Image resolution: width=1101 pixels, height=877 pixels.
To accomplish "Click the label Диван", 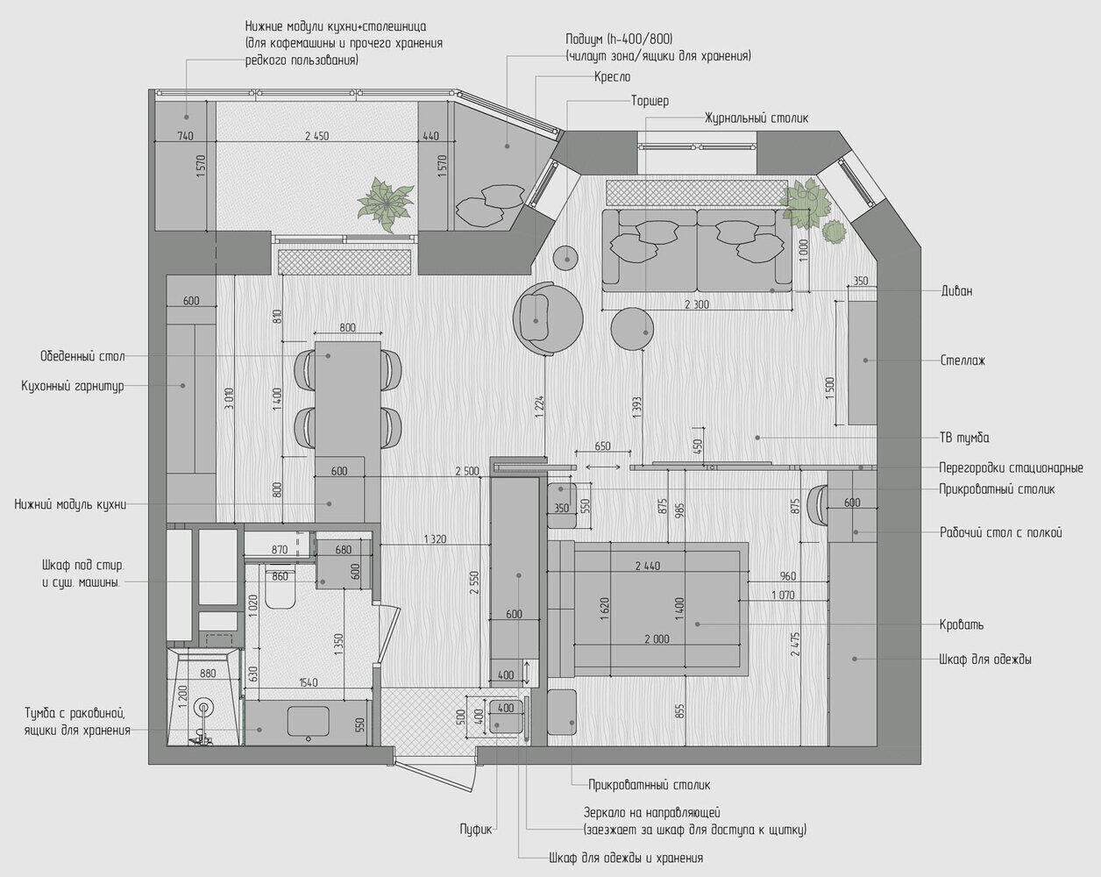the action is pos(956,291).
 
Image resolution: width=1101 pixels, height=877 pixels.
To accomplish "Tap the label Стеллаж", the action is pos(962,360).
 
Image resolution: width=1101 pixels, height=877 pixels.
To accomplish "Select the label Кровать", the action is pos(962,624).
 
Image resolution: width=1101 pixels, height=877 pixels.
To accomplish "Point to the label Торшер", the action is pos(650,101).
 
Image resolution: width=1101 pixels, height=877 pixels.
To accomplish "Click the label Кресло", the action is pos(613,77).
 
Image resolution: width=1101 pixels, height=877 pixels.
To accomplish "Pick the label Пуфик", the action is pos(476,830).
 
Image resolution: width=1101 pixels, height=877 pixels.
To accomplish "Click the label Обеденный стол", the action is pos(82,356).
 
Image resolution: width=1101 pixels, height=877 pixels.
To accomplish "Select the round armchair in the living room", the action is pos(548,318).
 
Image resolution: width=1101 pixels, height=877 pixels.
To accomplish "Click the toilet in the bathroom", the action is pos(281,588).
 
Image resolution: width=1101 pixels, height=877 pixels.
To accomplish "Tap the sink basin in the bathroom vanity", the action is pos(308,721).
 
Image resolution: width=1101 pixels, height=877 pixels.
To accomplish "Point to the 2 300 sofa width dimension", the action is pos(697,304).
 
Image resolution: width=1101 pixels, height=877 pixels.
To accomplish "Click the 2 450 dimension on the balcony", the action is pos(316,136).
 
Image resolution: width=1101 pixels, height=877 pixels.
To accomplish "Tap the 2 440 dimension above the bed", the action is pos(647,566).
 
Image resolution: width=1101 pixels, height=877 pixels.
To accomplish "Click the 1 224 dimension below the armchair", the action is pos(540,407).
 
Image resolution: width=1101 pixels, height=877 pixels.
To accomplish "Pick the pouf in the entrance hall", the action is pos(506,717).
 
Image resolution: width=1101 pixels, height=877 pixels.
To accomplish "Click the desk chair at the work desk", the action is pos(816,505).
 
